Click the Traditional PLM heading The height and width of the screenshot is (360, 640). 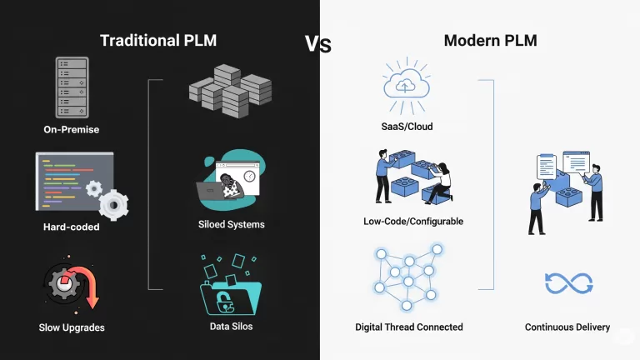(x=157, y=40)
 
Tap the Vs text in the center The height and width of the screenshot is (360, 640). (x=317, y=43)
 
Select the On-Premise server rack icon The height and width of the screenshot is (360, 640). (x=71, y=87)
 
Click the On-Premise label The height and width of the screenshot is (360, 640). (x=72, y=129)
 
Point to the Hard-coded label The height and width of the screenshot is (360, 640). (x=72, y=227)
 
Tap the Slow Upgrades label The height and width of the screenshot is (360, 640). (x=72, y=327)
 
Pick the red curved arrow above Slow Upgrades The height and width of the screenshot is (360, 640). (x=84, y=287)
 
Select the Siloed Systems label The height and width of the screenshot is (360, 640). (x=232, y=224)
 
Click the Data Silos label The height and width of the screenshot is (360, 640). (x=232, y=326)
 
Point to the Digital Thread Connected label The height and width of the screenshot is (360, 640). (x=408, y=327)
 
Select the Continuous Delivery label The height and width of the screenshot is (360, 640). (x=567, y=327)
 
